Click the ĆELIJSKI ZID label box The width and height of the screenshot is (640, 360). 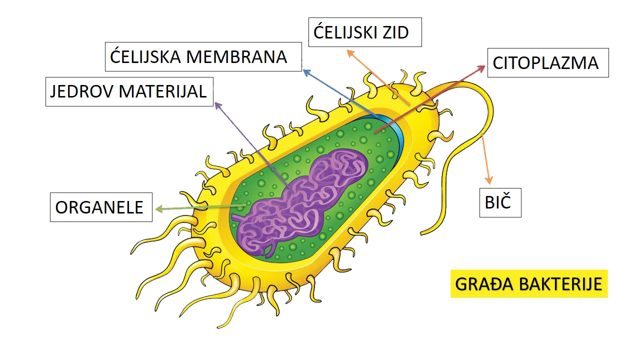click(365, 32)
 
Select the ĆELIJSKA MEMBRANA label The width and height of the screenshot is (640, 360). click(203, 56)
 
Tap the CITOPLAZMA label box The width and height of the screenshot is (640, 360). click(548, 62)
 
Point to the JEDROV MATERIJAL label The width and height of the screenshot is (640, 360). click(129, 91)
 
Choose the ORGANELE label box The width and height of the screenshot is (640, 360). click(101, 207)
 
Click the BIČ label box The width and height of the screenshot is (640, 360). click(500, 202)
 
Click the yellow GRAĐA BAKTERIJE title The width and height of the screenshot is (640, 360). click(529, 283)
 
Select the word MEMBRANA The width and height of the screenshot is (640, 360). click(236, 56)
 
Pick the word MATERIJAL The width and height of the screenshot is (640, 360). click(162, 91)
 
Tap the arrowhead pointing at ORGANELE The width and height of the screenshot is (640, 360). click(159, 209)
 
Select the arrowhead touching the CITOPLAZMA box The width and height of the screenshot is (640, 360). click(481, 68)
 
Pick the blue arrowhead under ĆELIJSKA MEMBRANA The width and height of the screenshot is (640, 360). click(307, 72)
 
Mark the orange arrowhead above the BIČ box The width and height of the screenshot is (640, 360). click(489, 180)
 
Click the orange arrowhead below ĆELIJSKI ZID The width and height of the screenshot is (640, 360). click(350, 53)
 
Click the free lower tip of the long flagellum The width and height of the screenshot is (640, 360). click(421, 234)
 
